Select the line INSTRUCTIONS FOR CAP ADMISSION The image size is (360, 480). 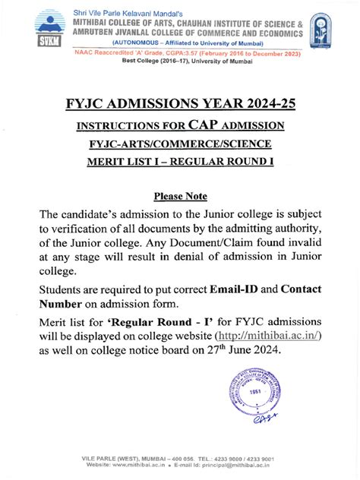[179, 125]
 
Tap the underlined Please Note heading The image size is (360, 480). [180, 195]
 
